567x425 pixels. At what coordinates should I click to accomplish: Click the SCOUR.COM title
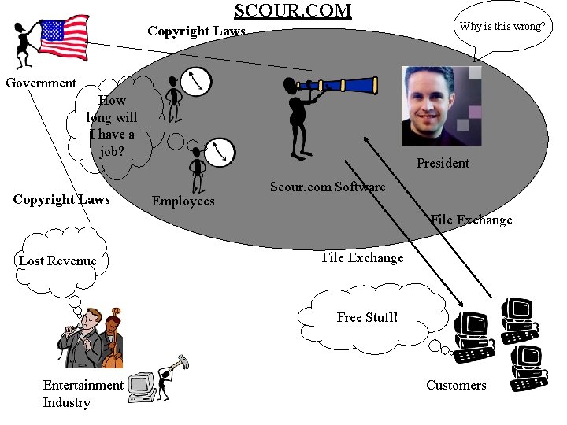(x=293, y=10)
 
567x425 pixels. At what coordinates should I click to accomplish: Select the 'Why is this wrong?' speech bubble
(x=502, y=27)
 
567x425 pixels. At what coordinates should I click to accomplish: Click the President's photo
(x=442, y=106)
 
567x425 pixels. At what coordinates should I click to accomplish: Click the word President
(x=443, y=164)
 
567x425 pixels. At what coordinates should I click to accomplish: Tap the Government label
(x=41, y=83)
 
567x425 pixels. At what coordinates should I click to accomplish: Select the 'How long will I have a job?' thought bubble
(x=113, y=125)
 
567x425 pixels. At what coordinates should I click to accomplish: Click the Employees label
(x=183, y=201)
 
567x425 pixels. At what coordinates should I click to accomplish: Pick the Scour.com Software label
(x=328, y=187)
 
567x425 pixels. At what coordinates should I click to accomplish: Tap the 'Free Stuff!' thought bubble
(x=367, y=317)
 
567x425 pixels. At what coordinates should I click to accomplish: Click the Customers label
(x=456, y=385)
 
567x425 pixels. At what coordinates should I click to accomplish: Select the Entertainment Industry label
(x=83, y=394)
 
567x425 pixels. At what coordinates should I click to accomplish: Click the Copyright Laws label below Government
(x=61, y=199)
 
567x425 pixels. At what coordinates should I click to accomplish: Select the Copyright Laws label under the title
(x=196, y=32)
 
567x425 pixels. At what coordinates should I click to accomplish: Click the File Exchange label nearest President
(x=471, y=220)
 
